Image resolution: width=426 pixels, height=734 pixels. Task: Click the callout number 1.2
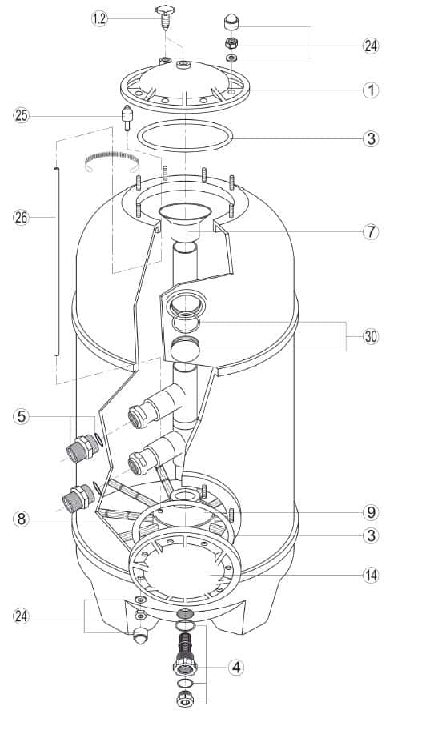pos(99,19)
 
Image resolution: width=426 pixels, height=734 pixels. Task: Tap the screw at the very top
pos(165,17)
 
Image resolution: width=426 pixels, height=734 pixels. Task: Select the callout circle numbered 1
pos(371,90)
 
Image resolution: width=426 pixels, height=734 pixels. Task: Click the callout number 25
pos(21,115)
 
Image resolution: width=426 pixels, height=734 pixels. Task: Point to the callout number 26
pos(21,217)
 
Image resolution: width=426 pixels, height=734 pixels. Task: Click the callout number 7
pos(371,231)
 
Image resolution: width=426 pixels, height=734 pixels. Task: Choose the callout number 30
pos(371,336)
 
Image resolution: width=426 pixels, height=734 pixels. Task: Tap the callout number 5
pos(21,416)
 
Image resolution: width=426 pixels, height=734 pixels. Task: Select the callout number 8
pos(21,519)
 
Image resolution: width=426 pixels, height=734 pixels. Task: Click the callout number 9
pos(371,512)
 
